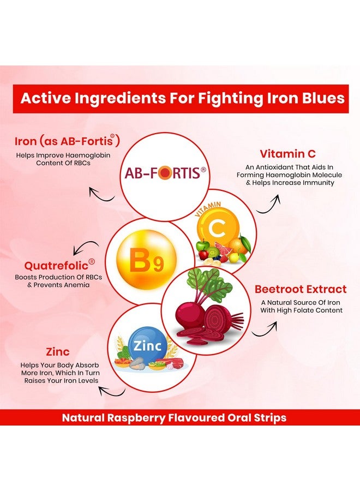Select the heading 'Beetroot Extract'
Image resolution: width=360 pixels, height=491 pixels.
(x=300, y=289)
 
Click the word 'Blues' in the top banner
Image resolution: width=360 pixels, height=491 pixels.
(x=321, y=99)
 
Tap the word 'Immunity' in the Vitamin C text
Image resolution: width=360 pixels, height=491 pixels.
(x=315, y=183)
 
